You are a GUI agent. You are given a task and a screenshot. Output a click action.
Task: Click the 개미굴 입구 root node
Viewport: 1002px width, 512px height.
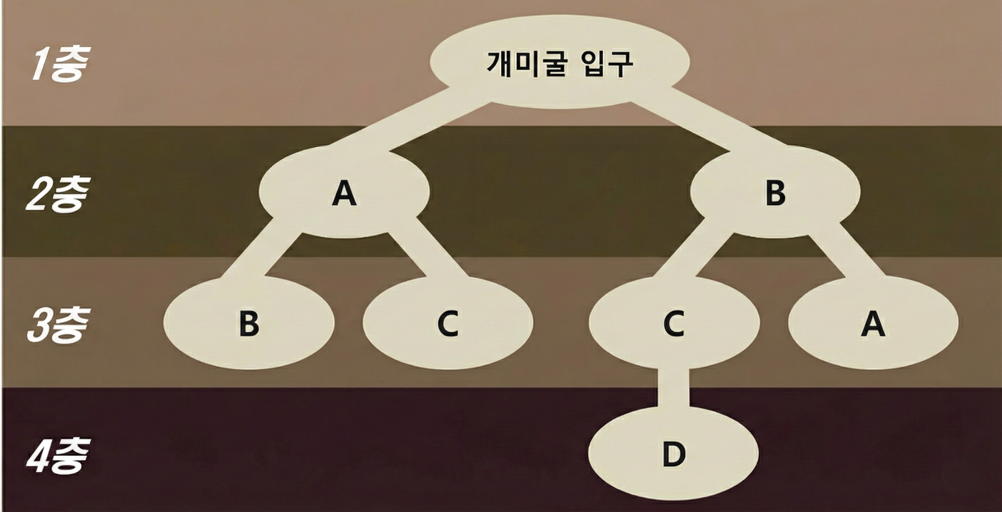click(x=559, y=62)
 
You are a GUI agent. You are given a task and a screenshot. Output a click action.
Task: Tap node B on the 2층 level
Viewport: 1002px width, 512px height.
click(x=775, y=192)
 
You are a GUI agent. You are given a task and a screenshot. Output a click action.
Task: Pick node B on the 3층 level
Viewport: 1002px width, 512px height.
click(x=249, y=323)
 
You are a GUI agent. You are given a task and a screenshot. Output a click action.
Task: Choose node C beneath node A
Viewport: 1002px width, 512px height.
click(x=448, y=323)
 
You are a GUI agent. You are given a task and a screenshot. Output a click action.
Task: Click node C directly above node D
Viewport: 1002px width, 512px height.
click(x=674, y=323)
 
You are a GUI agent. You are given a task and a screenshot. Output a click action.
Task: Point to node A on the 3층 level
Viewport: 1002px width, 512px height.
click(x=873, y=323)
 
